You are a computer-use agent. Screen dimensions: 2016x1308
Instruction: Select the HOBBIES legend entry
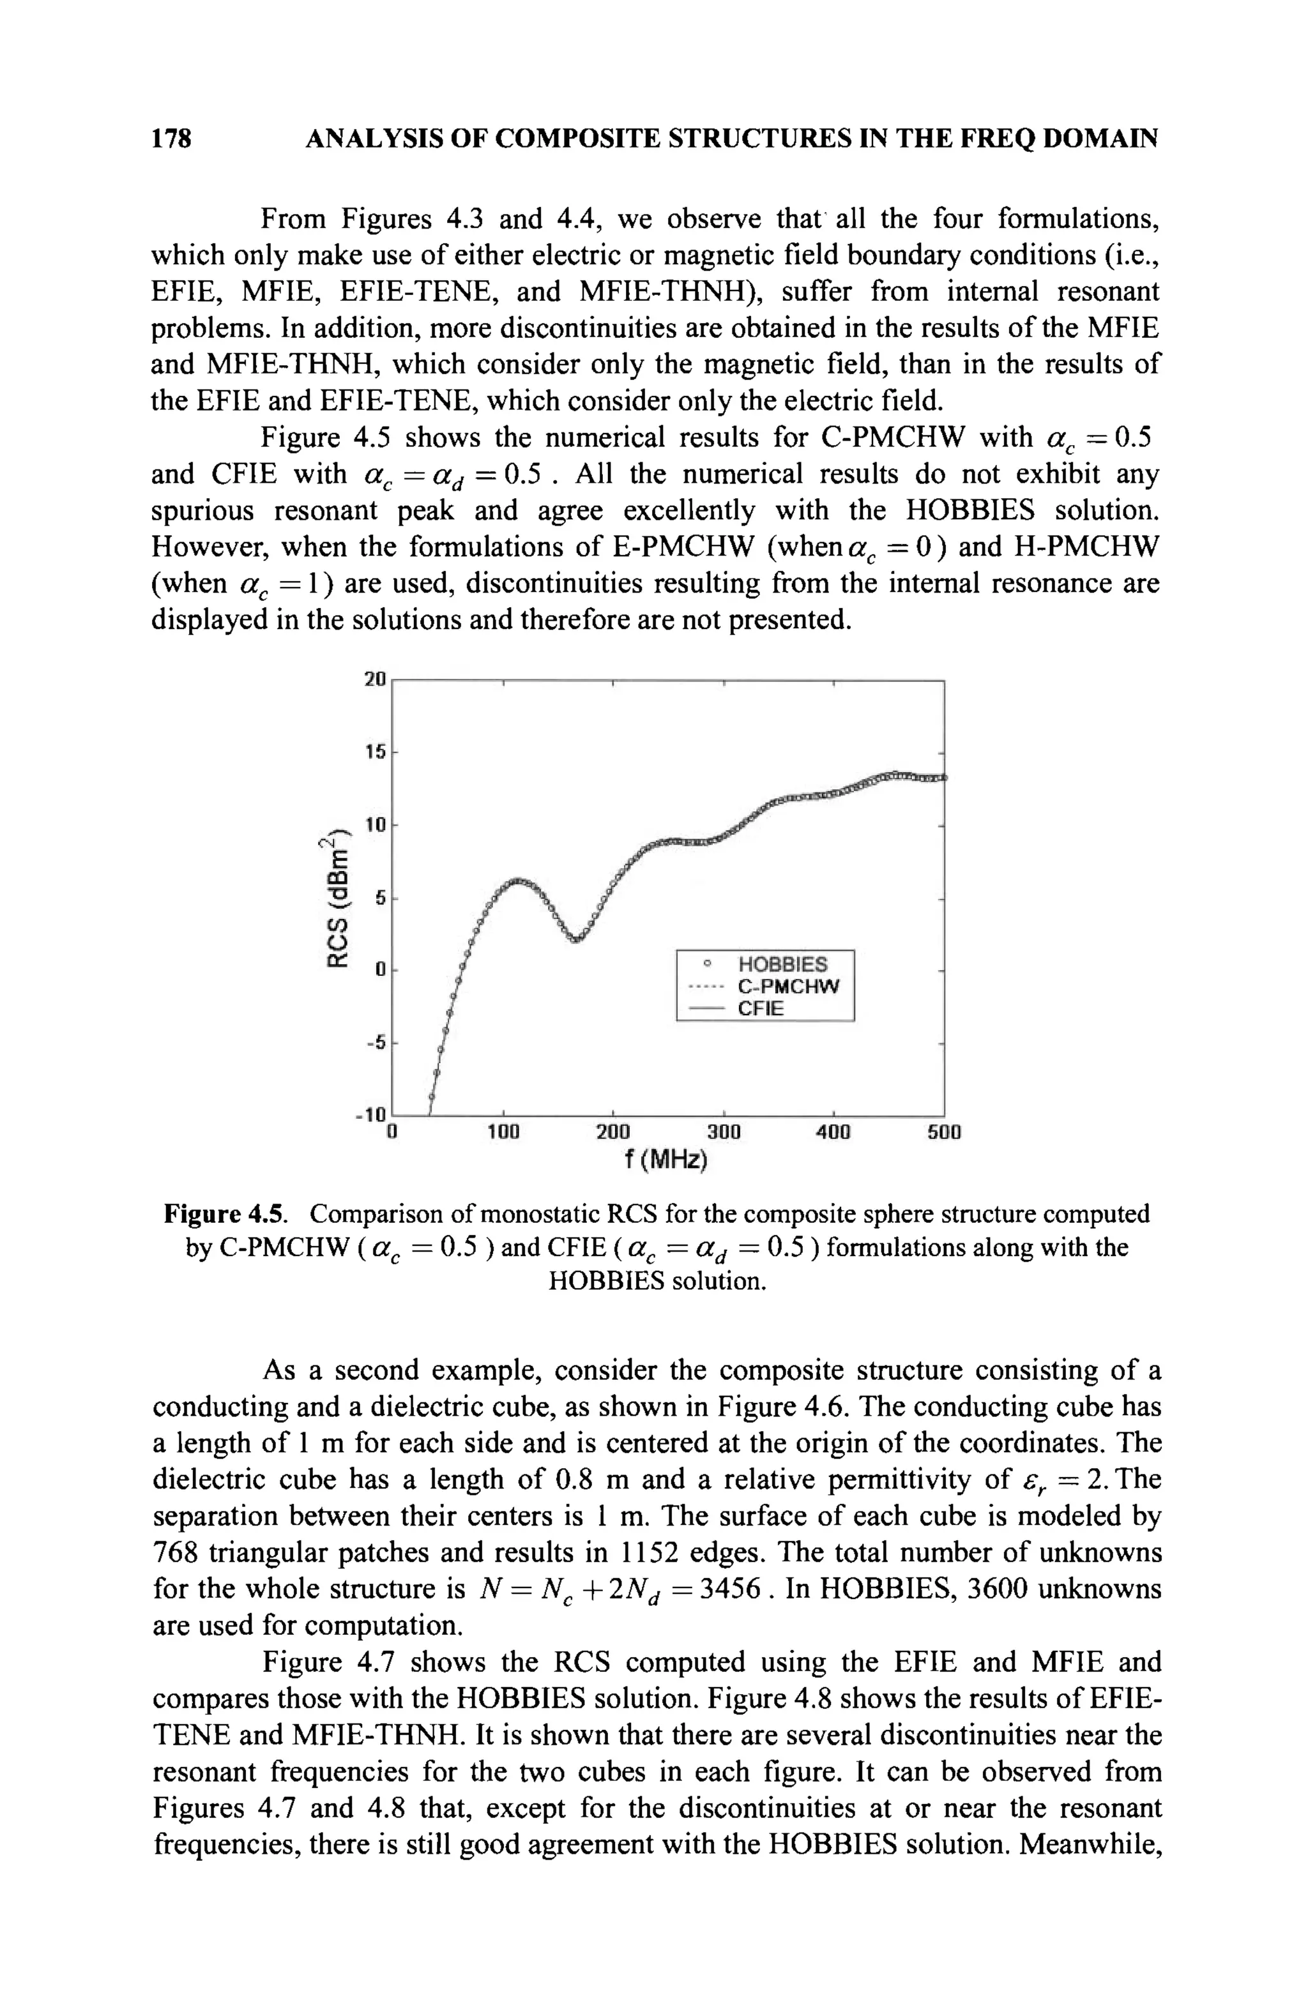(x=782, y=964)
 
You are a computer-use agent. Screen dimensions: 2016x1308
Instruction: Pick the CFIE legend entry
(x=761, y=1008)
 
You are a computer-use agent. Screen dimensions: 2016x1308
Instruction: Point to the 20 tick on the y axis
(x=374, y=679)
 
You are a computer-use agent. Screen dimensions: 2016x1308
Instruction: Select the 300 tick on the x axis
(x=724, y=1132)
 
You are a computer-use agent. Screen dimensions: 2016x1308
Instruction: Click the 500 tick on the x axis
(x=944, y=1132)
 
